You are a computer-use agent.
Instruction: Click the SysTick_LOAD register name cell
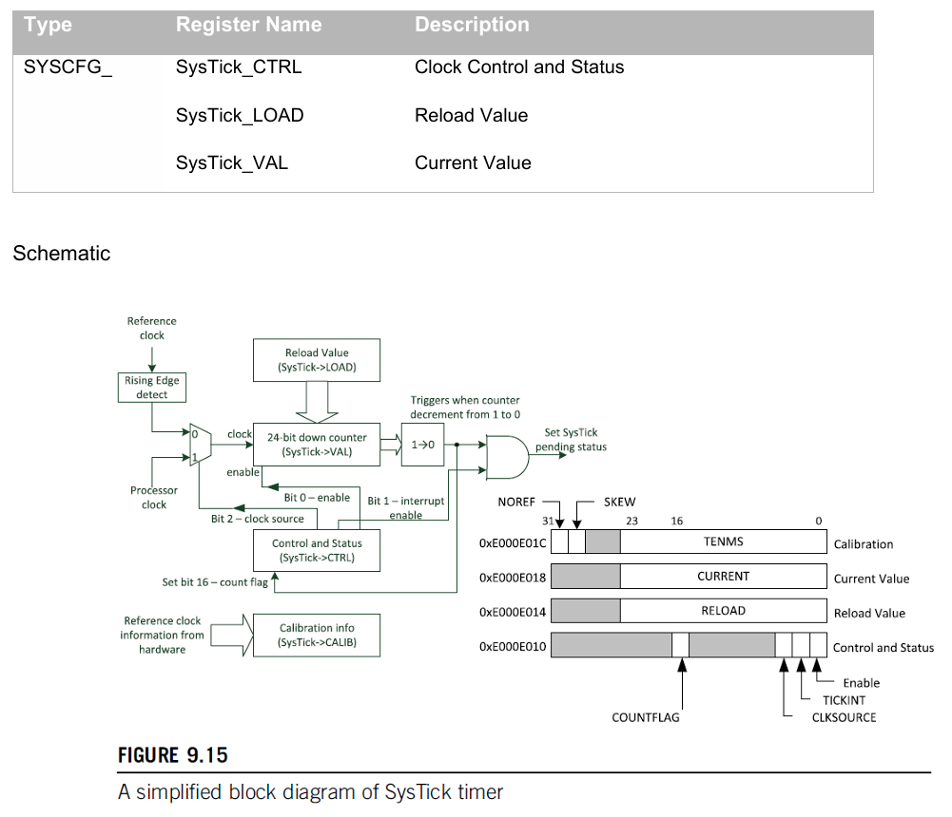[240, 115]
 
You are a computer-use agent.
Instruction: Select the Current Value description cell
[473, 162]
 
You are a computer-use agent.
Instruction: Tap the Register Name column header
[248, 25]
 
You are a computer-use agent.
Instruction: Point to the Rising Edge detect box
[152, 388]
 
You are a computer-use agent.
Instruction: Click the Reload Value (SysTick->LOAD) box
[317, 360]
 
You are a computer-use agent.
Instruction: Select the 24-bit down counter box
[317, 445]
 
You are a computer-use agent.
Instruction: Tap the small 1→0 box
[422, 445]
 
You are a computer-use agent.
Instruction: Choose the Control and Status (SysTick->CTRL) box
[317, 551]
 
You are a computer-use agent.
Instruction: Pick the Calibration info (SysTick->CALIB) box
[317, 635]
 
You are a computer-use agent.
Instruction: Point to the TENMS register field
[723, 541]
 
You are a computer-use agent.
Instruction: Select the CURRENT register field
[723, 577]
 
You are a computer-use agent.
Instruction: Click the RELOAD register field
[723, 612]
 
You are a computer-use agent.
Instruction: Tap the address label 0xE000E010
[513, 647]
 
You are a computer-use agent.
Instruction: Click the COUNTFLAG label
[646, 718]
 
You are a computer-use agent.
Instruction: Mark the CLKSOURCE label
[844, 717]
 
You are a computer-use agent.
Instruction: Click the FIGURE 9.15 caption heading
[173, 755]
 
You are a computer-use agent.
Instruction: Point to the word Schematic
[62, 254]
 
